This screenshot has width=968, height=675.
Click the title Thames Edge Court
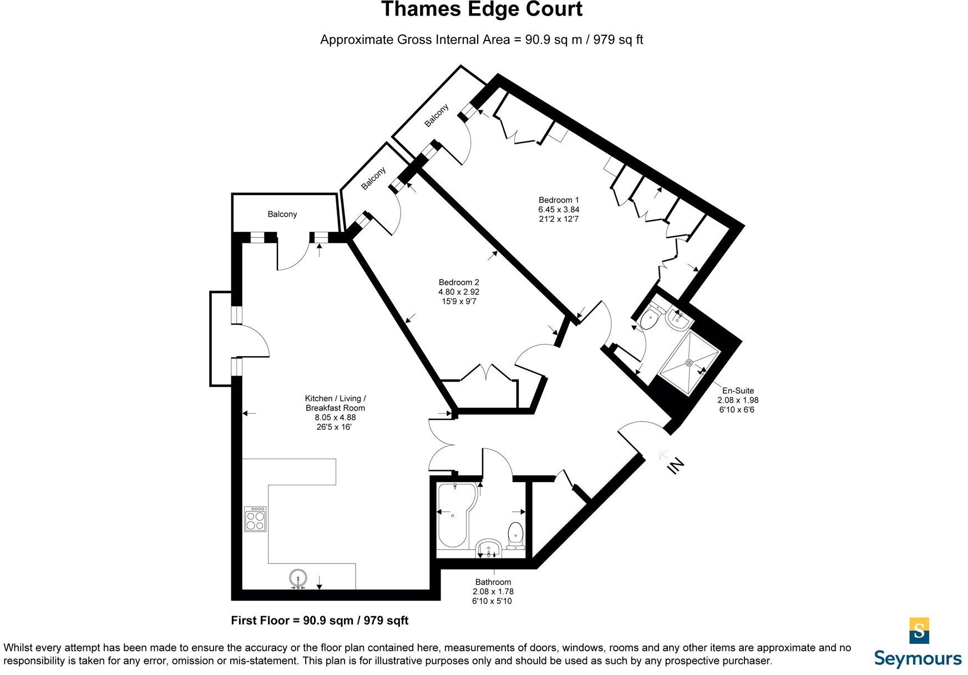click(482, 10)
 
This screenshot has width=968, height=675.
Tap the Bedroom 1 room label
click(559, 200)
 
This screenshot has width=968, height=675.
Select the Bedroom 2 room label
click(458, 282)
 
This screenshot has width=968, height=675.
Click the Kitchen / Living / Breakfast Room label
click(336, 403)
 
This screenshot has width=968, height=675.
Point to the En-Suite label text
click(738, 390)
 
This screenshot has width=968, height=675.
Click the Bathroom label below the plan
click(493, 582)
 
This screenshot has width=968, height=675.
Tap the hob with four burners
click(255, 519)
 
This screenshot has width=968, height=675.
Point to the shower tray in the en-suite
click(690, 362)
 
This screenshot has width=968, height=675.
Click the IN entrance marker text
click(676, 465)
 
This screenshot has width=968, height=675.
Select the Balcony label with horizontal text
click(282, 214)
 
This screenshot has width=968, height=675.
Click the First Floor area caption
click(320, 621)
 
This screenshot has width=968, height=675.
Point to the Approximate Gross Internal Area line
click(482, 40)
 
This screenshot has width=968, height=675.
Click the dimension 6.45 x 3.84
click(559, 210)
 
